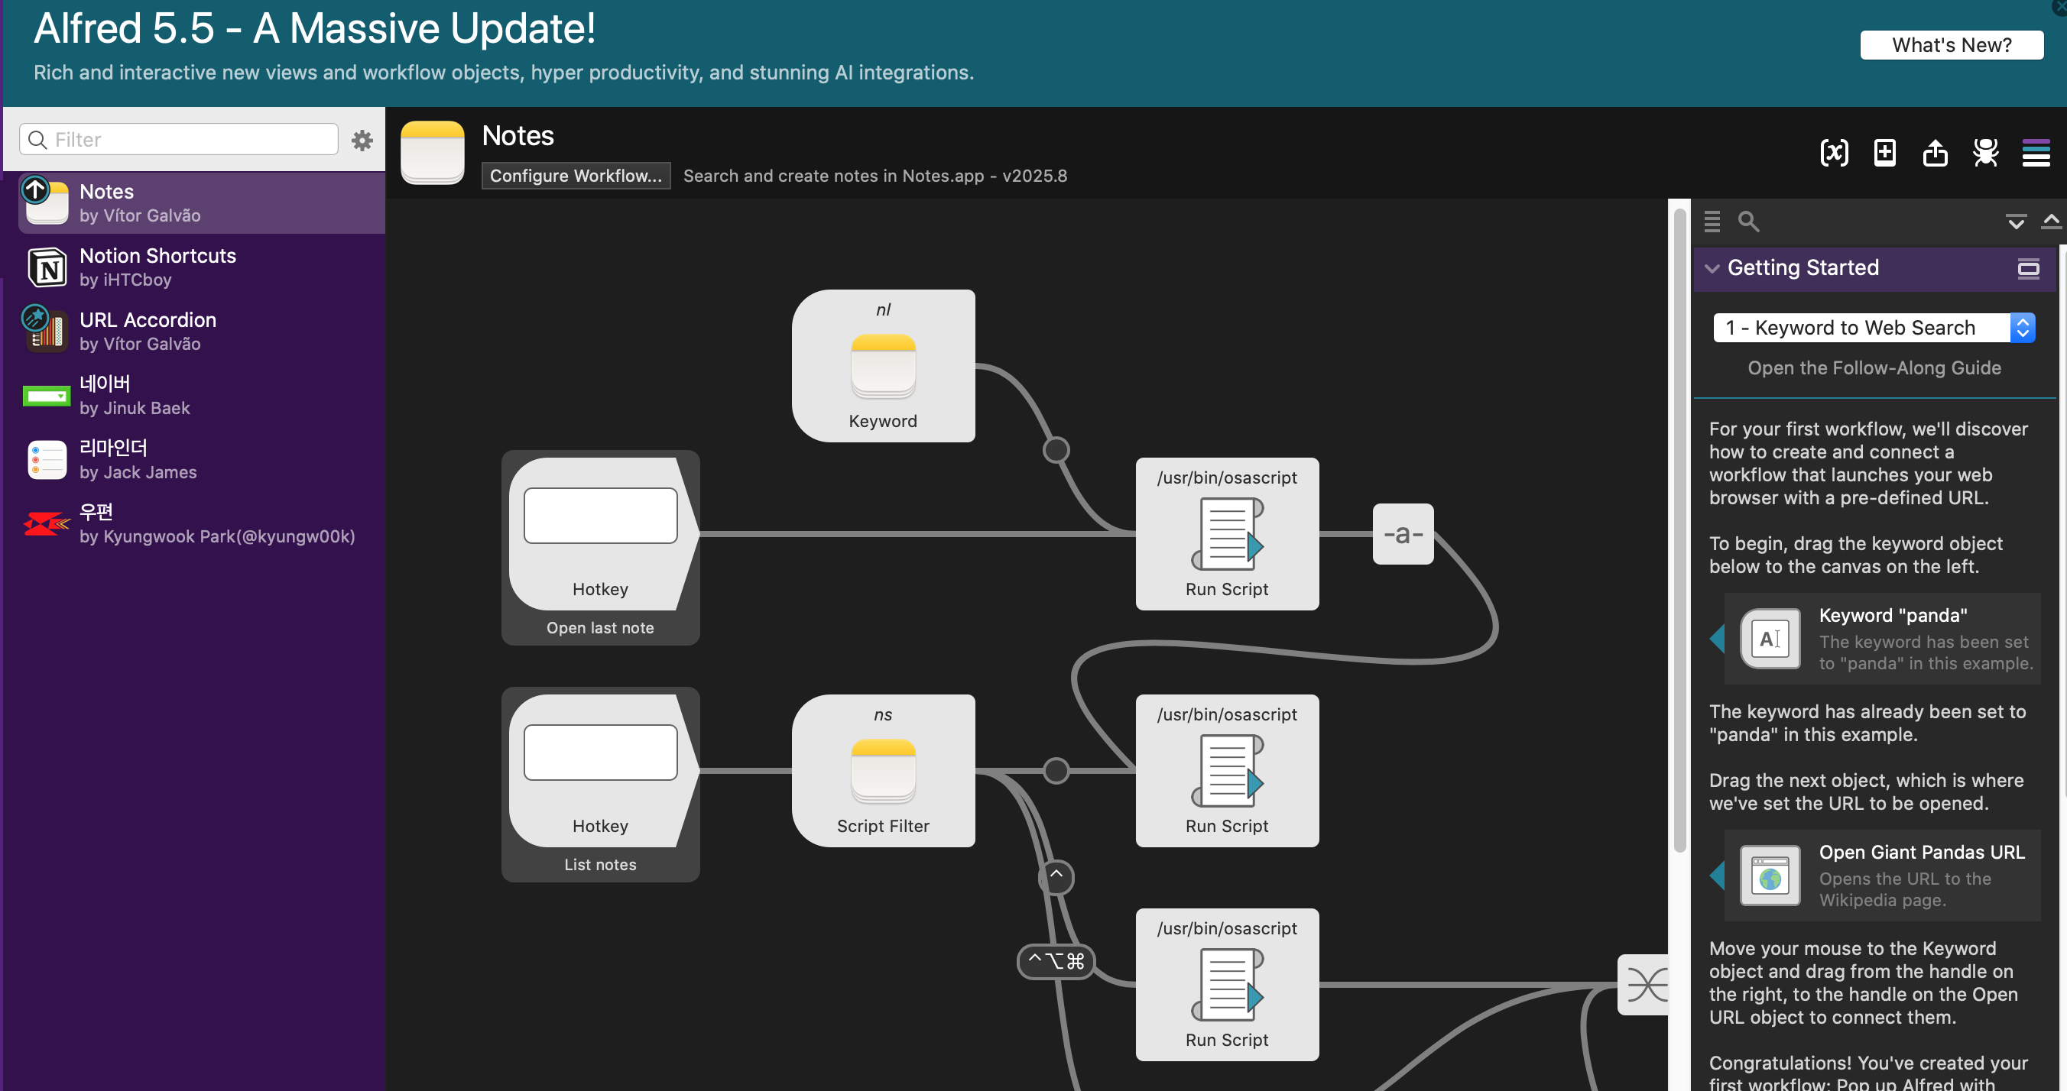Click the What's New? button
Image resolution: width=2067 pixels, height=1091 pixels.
point(1952,45)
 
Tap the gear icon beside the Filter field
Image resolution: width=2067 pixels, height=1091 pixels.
point(362,141)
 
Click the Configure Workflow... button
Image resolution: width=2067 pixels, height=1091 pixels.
point(576,176)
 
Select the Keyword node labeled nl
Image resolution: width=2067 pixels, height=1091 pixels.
point(884,366)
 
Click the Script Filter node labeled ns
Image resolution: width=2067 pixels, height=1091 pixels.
point(884,770)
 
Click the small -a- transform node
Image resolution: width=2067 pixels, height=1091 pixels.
point(1403,534)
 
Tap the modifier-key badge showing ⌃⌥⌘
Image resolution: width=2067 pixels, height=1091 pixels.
point(1055,961)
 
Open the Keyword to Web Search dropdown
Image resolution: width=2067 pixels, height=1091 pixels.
point(1874,327)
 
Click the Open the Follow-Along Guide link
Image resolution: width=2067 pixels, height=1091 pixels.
point(1874,368)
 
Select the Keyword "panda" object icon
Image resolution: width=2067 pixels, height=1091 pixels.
point(1770,639)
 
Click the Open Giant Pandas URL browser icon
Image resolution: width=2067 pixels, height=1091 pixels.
point(1770,876)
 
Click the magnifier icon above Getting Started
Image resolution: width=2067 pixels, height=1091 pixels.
point(1748,222)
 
